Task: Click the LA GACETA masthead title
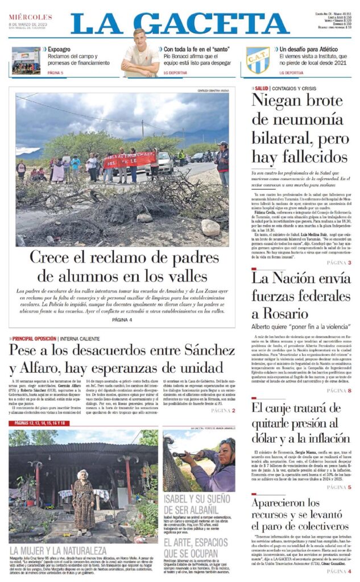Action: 180,23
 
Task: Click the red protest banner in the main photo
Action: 130,159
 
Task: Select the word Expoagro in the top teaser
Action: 59,50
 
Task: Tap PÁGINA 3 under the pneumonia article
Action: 339,263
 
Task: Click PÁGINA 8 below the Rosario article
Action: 339,391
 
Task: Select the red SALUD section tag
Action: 262,89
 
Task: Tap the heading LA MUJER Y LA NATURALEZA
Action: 58,550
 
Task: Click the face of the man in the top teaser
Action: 140,39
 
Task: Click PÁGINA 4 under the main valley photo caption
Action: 122,320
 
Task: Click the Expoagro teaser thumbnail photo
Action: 26,60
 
